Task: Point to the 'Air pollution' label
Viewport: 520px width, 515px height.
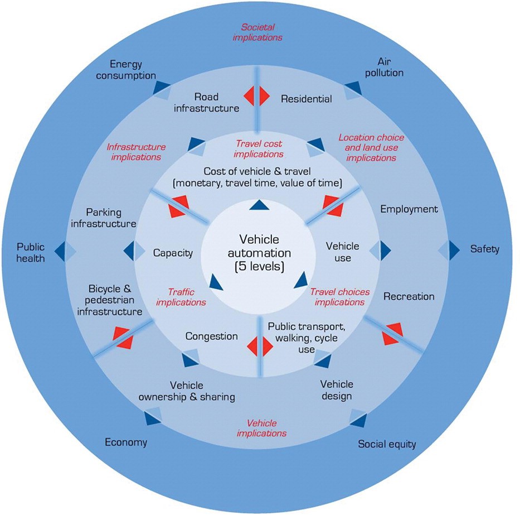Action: click(390, 67)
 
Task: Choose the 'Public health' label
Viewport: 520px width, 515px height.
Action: click(30, 252)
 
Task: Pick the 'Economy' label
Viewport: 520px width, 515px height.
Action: click(126, 442)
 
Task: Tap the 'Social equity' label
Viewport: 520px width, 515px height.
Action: click(387, 444)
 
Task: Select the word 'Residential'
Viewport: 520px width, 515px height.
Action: click(306, 99)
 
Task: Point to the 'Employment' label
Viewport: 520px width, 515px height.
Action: click(409, 209)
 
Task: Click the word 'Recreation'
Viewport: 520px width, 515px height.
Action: click(409, 296)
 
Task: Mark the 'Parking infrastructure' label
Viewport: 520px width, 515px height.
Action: click(111, 218)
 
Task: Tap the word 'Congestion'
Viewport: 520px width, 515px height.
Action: click(211, 336)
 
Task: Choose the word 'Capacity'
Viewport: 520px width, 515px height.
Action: click(173, 253)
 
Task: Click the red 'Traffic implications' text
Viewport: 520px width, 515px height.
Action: click(181, 297)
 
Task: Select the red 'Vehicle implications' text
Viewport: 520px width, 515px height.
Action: click(261, 428)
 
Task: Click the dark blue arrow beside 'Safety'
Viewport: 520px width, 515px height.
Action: click(453, 249)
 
